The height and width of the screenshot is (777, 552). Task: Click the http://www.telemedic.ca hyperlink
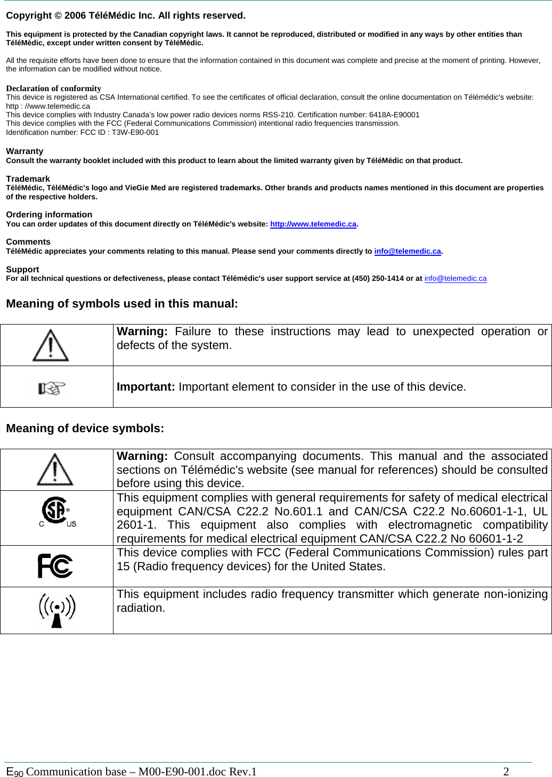pos(313,224)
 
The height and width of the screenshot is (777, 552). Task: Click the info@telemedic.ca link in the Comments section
pos(407,252)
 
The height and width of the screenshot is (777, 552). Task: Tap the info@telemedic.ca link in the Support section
pos(455,279)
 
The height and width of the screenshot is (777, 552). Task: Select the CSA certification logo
pos(56,512)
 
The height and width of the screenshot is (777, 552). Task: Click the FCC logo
pos(55,566)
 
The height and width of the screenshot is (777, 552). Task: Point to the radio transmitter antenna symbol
pos(57,610)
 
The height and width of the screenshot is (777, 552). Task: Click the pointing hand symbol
pos(52,387)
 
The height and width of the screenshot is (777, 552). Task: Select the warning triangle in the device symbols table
pos(55,470)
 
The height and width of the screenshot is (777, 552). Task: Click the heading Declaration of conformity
pos(53,88)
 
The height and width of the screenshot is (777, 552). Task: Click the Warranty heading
pos(25,151)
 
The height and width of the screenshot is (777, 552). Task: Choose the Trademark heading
pos(28,179)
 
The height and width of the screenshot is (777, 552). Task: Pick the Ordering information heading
pos(49,215)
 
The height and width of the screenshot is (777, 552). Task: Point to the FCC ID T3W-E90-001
pos(135,133)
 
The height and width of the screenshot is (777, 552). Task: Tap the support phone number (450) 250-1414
pos(378,279)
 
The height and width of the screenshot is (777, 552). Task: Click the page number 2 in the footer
pos(506,772)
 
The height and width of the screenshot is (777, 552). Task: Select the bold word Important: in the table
pos(145,387)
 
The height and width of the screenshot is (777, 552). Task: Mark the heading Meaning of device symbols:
pos(85,428)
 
